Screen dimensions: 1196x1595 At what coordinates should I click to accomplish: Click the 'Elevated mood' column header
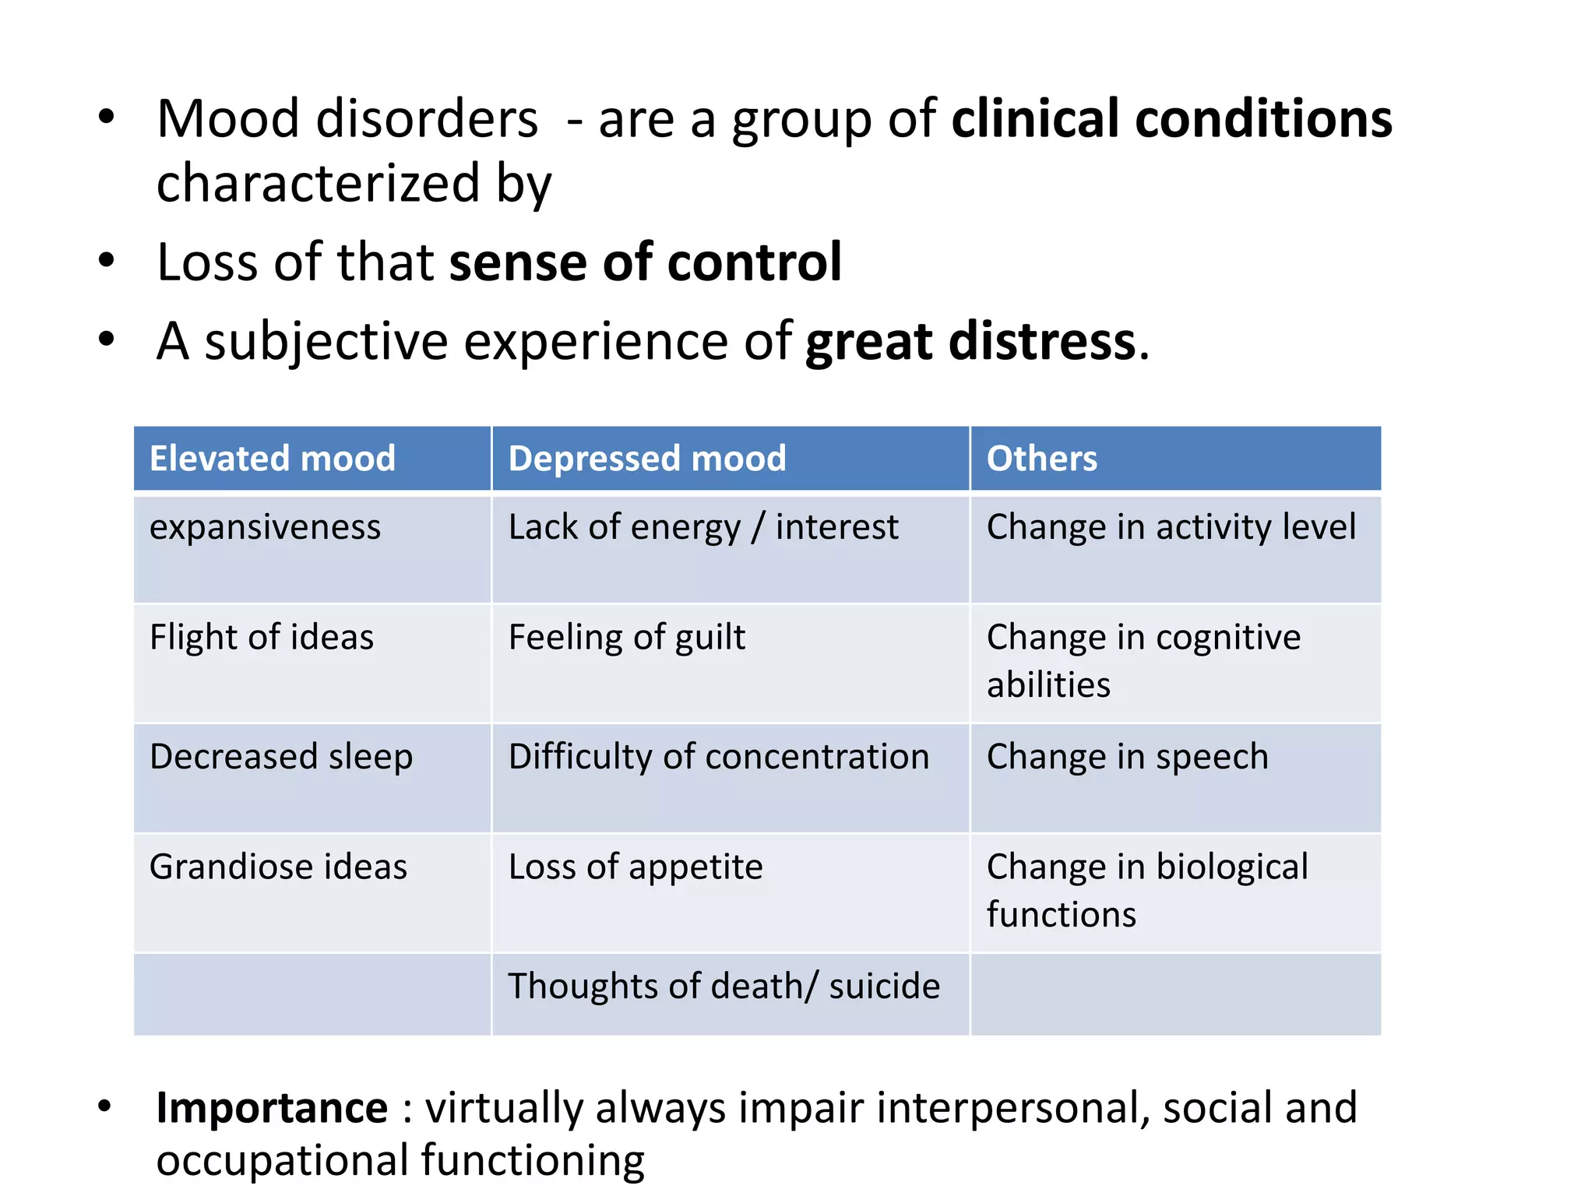click(273, 459)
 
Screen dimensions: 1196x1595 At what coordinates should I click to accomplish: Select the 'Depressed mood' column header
click(647, 459)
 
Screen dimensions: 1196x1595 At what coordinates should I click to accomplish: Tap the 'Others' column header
click(1042, 459)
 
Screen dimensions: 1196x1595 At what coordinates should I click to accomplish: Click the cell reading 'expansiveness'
click(266, 528)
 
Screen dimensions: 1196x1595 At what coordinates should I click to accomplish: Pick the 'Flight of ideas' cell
click(262, 638)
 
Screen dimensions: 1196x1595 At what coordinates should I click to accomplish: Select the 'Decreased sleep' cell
click(281, 757)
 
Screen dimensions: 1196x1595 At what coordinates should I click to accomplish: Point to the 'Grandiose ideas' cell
click(278, 867)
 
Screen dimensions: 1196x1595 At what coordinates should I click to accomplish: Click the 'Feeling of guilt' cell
click(627, 638)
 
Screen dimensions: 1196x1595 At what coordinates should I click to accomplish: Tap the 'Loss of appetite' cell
click(636, 867)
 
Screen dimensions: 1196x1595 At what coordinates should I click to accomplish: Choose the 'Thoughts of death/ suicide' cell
click(724, 987)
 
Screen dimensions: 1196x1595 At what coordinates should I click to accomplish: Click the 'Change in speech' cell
click(1128, 757)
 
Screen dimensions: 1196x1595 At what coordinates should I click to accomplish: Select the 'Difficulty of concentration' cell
click(719, 757)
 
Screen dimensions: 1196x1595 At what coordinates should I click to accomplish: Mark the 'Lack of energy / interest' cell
click(703, 528)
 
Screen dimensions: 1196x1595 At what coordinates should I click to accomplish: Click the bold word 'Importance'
click(272, 1108)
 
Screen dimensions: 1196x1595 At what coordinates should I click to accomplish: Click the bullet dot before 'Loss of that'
click(107, 261)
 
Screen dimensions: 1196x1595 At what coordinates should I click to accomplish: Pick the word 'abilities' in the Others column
click(1048, 685)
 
